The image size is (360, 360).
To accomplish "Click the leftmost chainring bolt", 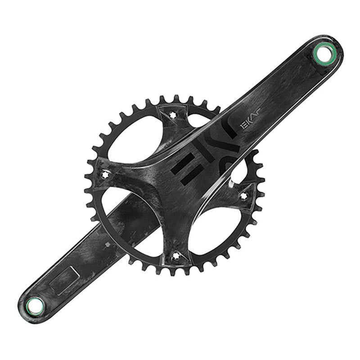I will (x=106, y=173).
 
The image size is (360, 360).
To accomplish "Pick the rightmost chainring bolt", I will (x=244, y=195).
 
